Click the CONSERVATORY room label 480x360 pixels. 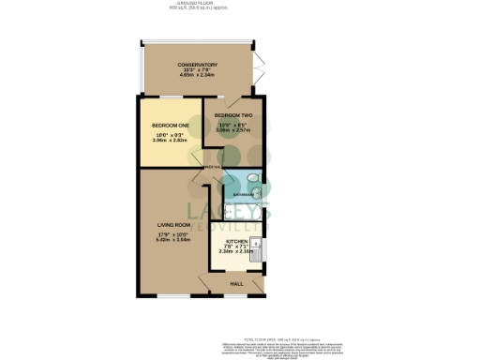198,65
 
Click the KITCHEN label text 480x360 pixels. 236,241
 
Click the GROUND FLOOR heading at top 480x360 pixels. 239,3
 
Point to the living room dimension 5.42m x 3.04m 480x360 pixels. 174,240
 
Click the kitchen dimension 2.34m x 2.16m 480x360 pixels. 235,251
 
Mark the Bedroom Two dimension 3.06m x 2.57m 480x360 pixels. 233,130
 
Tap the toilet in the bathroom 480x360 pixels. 256,178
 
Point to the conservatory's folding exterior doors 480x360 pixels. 258,66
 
